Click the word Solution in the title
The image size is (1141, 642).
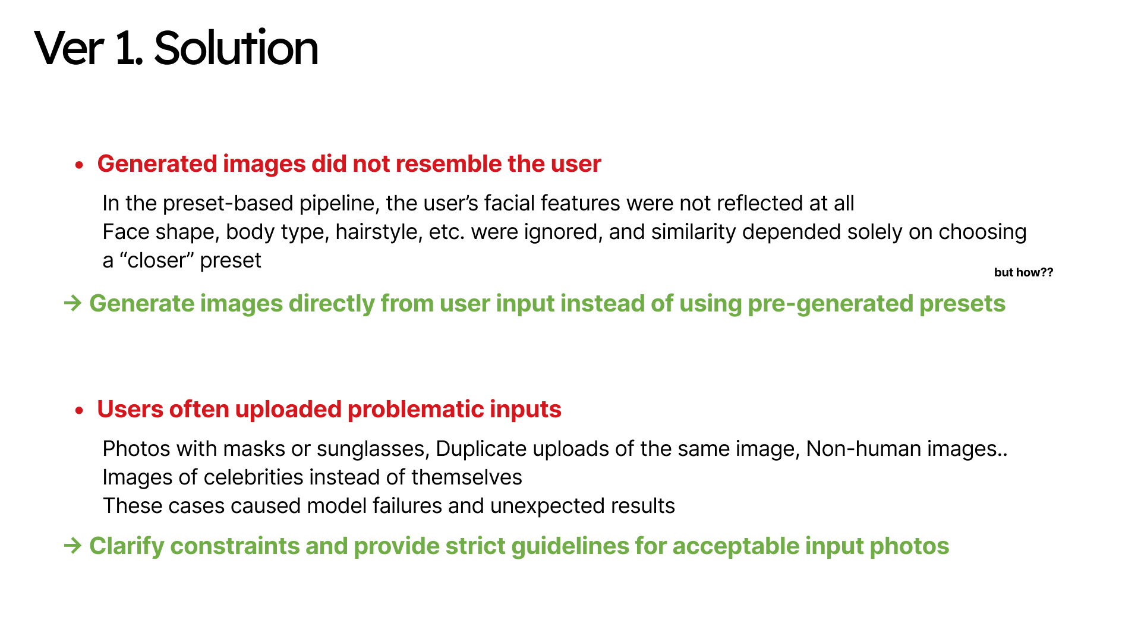(236, 48)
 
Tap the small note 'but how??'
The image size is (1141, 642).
(1023, 272)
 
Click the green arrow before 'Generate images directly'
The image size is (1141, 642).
(73, 303)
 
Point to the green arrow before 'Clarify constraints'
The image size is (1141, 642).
(73, 545)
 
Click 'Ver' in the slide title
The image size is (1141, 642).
(70, 48)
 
